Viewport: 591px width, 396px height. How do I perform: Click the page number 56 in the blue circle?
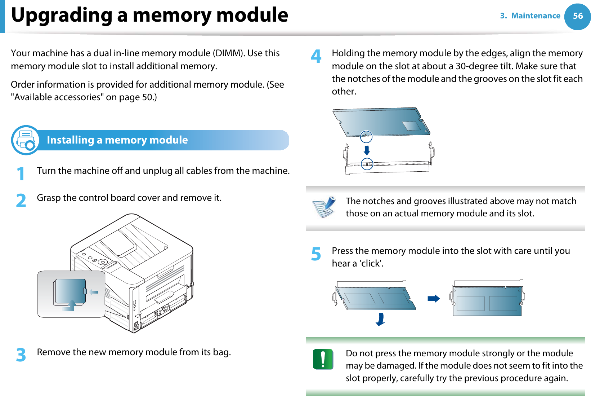pyautogui.click(x=577, y=16)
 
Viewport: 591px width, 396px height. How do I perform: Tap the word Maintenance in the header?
pyautogui.click(x=536, y=16)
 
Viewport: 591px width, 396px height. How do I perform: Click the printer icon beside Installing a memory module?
pyautogui.click(x=26, y=140)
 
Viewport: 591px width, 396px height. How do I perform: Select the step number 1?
pyautogui.click(x=21, y=173)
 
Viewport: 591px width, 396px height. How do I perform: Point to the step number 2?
pyautogui.click(x=21, y=201)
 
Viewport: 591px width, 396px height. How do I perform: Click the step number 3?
pyautogui.click(x=21, y=355)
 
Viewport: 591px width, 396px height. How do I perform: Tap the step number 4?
pyautogui.click(x=316, y=56)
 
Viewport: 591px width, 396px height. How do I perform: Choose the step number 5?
pyautogui.click(x=316, y=254)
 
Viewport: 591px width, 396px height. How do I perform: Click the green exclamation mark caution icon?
pyautogui.click(x=323, y=359)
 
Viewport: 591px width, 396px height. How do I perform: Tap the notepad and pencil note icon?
pyautogui.click(x=324, y=207)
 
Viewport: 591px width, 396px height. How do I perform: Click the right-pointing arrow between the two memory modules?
pyautogui.click(x=434, y=299)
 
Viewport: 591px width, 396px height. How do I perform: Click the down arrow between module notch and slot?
pyautogui.click(x=367, y=150)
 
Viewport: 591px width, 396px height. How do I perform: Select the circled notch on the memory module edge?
pyautogui.click(x=366, y=136)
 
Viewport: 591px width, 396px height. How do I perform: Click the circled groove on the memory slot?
pyautogui.click(x=367, y=164)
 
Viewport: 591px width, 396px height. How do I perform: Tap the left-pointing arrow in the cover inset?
pyautogui.click(x=94, y=292)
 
